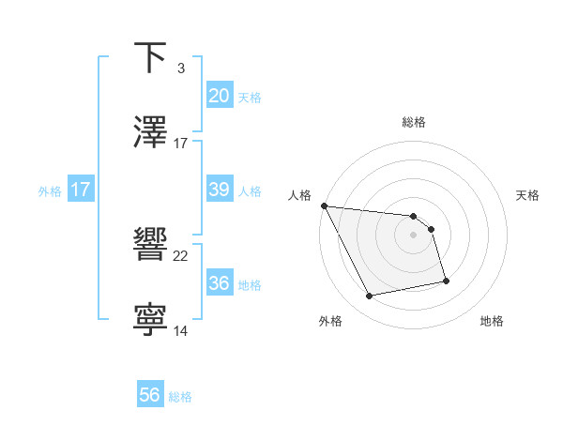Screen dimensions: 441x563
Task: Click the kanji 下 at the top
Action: (x=151, y=57)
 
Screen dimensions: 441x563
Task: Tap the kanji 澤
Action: (x=151, y=132)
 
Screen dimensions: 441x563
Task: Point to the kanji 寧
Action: (x=151, y=320)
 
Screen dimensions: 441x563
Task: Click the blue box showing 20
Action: (x=219, y=96)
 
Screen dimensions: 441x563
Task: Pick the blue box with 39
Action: (x=219, y=190)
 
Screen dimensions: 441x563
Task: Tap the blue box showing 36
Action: (x=219, y=283)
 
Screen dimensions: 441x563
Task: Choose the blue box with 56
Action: (x=150, y=395)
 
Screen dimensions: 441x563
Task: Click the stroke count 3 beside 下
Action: (x=180, y=68)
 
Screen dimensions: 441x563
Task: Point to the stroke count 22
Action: (x=181, y=255)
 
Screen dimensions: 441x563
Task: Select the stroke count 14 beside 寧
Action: (x=181, y=330)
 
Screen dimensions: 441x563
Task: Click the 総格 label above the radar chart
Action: (x=414, y=122)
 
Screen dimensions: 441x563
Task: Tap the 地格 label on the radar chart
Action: (x=492, y=322)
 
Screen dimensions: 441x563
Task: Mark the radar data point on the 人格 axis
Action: (x=324, y=205)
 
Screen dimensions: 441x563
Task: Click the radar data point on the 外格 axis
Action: (x=369, y=297)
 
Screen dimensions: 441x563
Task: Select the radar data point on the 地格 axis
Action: (x=446, y=281)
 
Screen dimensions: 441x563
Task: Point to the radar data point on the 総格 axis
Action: (x=414, y=215)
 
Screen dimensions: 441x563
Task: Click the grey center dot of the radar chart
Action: (x=414, y=235)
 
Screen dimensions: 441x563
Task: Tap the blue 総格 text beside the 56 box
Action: (x=180, y=396)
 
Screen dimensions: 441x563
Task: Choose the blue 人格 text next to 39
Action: (x=250, y=190)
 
